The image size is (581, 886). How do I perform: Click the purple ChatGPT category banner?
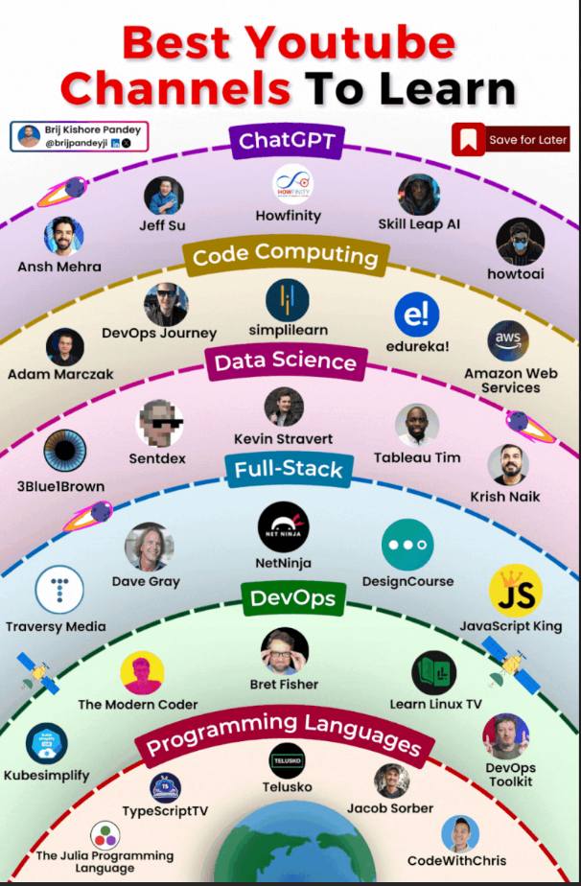(287, 140)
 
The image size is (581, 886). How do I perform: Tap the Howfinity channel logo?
(292, 184)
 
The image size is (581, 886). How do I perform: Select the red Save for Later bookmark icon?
(468, 140)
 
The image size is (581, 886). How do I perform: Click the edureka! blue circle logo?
(417, 315)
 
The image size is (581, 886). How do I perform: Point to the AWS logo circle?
(508, 340)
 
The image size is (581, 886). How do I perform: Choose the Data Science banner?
(286, 361)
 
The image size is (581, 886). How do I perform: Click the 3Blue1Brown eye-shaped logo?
(65, 451)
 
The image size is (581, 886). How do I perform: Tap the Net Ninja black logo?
(283, 527)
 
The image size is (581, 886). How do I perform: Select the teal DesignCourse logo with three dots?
(407, 545)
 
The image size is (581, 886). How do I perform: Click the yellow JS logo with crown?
(516, 590)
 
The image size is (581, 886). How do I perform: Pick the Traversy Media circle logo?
(59, 590)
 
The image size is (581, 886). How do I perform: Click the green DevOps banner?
(292, 598)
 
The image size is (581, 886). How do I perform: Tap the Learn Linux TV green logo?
(434, 672)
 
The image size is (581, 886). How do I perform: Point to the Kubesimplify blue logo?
(47, 744)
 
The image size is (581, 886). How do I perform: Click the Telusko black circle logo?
(287, 760)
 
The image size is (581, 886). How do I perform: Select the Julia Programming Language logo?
(105, 836)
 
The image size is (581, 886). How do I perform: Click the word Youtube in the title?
(350, 43)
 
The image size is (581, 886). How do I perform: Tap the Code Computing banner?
(286, 256)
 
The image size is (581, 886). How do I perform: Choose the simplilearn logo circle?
(287, 300)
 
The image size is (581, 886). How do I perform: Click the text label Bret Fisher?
(285, 685)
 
